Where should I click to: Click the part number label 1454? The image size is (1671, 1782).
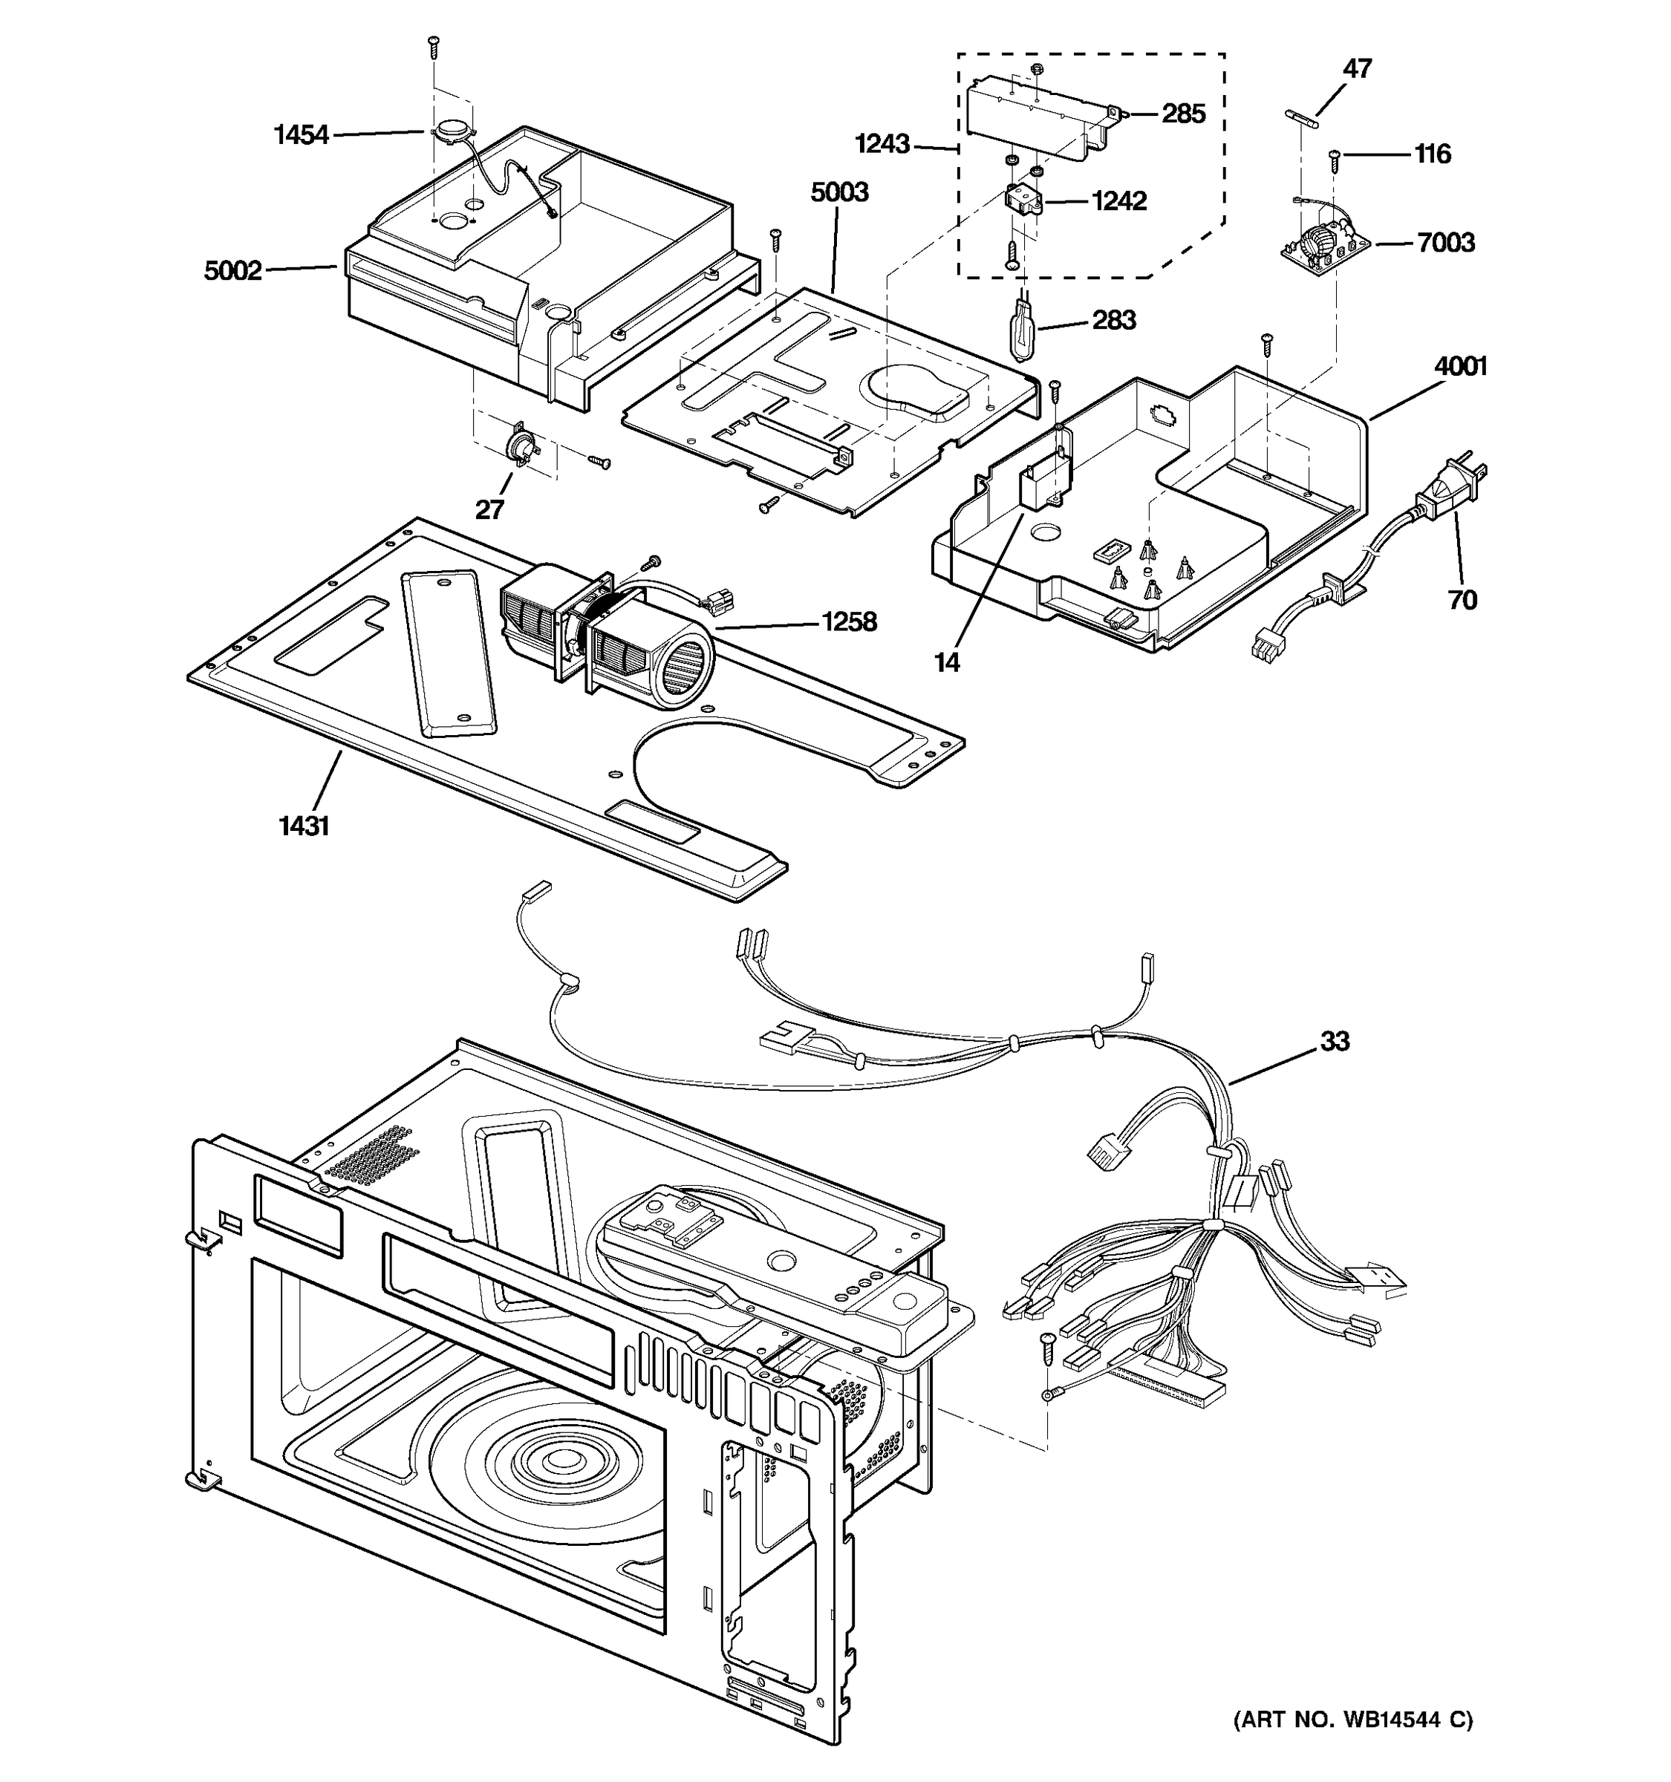(302, 135)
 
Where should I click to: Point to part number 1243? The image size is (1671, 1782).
(882, 143)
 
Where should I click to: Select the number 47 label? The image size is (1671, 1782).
(1358, 68)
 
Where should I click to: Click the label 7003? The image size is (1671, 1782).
(1445, 242)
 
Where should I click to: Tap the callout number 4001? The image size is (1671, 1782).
(1460, 366)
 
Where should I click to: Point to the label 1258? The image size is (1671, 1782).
(849, 621)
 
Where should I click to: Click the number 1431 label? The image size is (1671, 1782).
(304, 826)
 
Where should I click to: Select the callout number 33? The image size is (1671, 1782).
(1334, 1041)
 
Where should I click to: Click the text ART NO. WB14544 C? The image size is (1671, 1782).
(1352, 1719)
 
